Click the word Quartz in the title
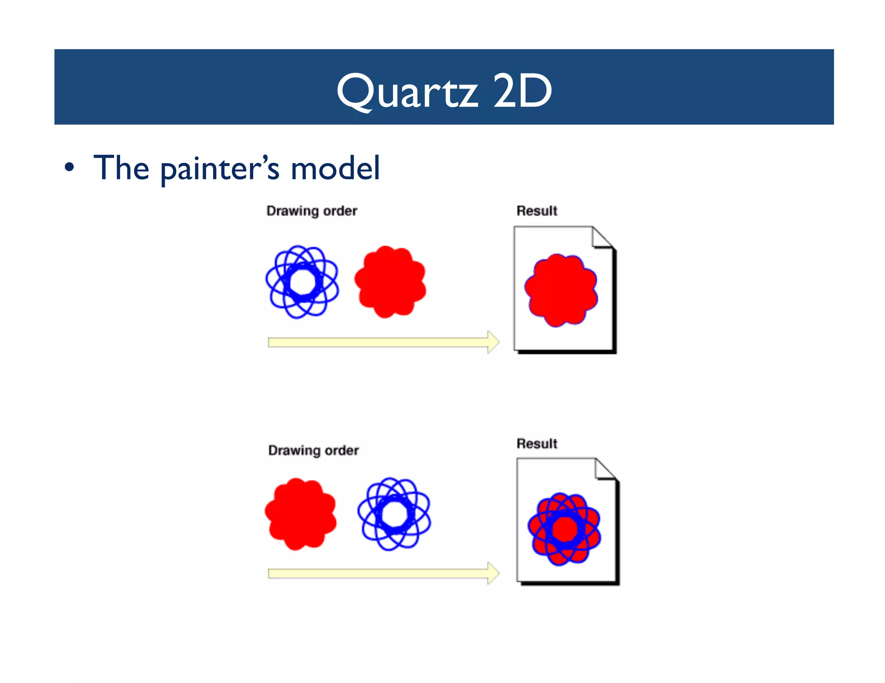[407, 91]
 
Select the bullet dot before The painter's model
[69, 168]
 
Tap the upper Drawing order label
[312, 211]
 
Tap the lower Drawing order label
[313, 450]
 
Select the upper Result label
[537, 211]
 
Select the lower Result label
[537, 443]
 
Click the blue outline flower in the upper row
[302, 282]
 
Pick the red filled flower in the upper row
[390, 282]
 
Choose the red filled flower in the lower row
[301, 514]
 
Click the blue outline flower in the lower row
[394, 514]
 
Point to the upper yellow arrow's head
[493, 342]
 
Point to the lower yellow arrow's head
[493, 573]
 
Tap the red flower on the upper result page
[561, 290]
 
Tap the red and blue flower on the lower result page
[564, 529]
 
